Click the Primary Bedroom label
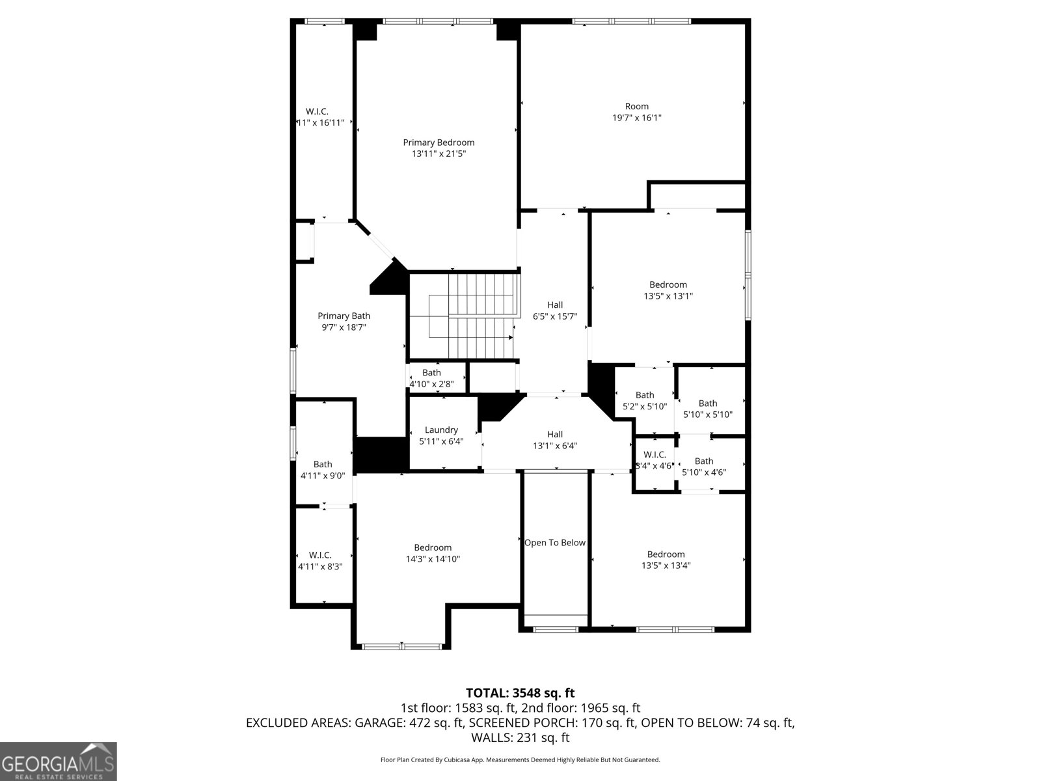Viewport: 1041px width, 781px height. point(439,143)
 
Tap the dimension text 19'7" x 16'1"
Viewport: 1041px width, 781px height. point(637,118)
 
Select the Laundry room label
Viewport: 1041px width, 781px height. point(441,430)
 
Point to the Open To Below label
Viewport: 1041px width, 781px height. point(555,543)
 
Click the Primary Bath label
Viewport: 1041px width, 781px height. point(344,316)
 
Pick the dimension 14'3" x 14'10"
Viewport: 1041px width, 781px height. point(433,559)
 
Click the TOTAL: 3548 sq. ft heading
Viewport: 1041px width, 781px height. point(520,693)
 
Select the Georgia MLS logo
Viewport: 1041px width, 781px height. point(59,761)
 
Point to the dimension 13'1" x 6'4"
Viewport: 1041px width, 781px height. point(555,446)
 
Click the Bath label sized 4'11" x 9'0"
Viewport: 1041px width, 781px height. point(323,465)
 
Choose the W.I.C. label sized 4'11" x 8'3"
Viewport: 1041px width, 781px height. point(320,555)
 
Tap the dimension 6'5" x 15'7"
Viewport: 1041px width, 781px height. point(555,316)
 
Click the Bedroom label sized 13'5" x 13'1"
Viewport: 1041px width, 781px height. point(668,285)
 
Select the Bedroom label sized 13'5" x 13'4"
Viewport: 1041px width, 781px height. point(666,555)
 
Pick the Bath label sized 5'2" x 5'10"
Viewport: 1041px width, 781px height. point(645,395)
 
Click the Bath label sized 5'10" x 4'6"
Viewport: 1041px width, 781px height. point(704,461)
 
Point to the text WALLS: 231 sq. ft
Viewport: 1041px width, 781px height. point(520,738)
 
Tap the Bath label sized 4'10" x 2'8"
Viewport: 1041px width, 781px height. point(431,373)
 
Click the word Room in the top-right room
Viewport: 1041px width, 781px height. point(637,107)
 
